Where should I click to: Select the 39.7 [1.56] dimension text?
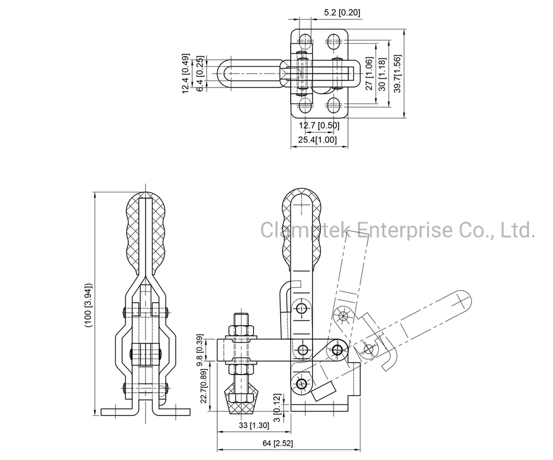tap(398, 74)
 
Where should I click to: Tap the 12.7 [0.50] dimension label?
tap(319, 125)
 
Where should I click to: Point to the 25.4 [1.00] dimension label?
tap(318, 139)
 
